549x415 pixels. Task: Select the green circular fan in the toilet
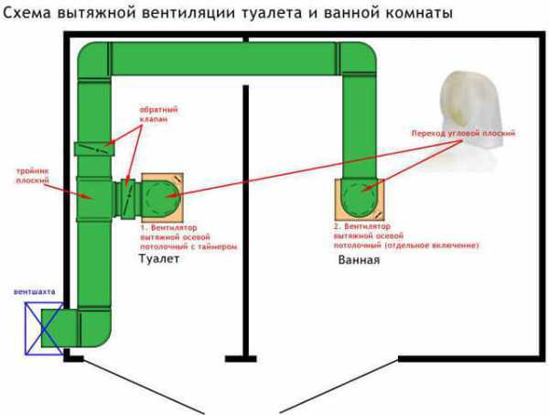pyautogui.click(x=163, y=195)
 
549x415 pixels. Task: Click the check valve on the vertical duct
pyautogui.click(x=92, y=148)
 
